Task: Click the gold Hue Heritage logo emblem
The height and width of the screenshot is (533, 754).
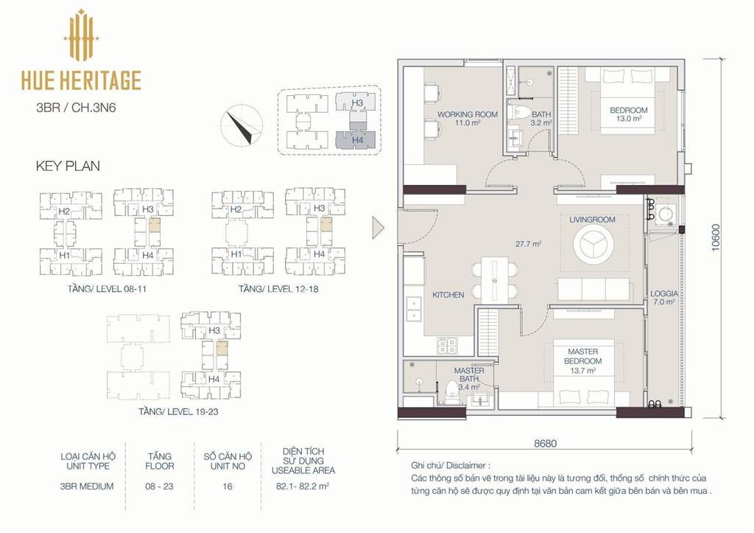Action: click(81, 35)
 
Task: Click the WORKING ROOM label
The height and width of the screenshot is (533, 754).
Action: click(468, 114)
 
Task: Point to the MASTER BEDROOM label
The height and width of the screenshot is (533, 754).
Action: click(583, 356)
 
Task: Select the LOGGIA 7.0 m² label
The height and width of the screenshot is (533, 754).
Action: click(664, 298)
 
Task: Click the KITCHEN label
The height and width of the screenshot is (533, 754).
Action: click(448, 295)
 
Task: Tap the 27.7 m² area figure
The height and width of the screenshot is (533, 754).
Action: click(529, 244)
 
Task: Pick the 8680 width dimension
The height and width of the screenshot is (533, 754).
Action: click(546, 444)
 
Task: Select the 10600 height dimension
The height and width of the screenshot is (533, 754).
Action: click(716, 237)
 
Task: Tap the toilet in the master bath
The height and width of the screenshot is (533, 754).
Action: click(451, 391)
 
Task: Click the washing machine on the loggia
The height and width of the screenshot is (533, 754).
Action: click(666, 212)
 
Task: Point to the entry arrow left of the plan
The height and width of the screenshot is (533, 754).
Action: click(378, 227)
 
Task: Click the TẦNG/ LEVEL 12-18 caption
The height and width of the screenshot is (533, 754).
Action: click(278, 289)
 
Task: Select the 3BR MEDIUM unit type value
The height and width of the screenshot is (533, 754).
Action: click(87, 486)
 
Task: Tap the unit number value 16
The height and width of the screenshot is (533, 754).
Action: click(228, 487)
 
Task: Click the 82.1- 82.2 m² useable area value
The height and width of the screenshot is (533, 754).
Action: click(303, 486)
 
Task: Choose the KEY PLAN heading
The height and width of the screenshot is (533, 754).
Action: click(68, 166)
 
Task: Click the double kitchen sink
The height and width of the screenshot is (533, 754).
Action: click(414, 309)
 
